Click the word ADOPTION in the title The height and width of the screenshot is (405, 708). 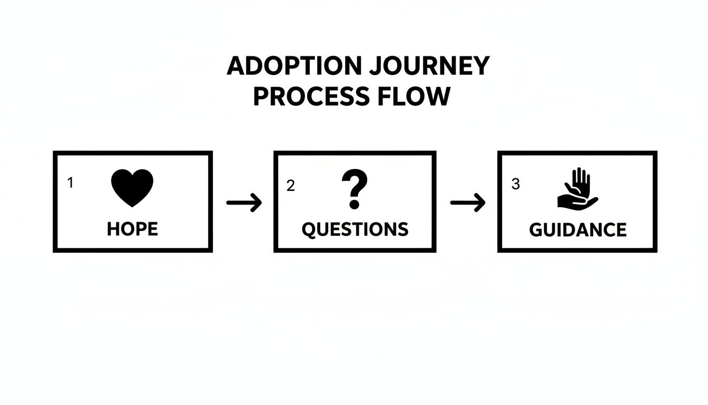click(294, 66)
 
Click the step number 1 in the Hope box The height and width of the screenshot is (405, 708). click(70, 183)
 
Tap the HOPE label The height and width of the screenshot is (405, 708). click(132, 229)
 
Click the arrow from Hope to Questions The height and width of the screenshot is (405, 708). click(244, 202)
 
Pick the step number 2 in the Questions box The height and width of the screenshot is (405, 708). click(290, 186)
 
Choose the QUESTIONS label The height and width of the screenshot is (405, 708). click(355, 229)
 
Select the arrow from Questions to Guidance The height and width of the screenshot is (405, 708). click(468, 202)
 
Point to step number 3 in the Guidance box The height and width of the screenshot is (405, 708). click(515, 184)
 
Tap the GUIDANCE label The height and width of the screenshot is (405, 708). click(578, 230)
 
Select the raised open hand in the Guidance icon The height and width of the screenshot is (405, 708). click(580, 181)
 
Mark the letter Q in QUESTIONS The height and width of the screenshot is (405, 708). click(309, 229)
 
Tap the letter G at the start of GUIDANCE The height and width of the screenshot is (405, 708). click(536, 230)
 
